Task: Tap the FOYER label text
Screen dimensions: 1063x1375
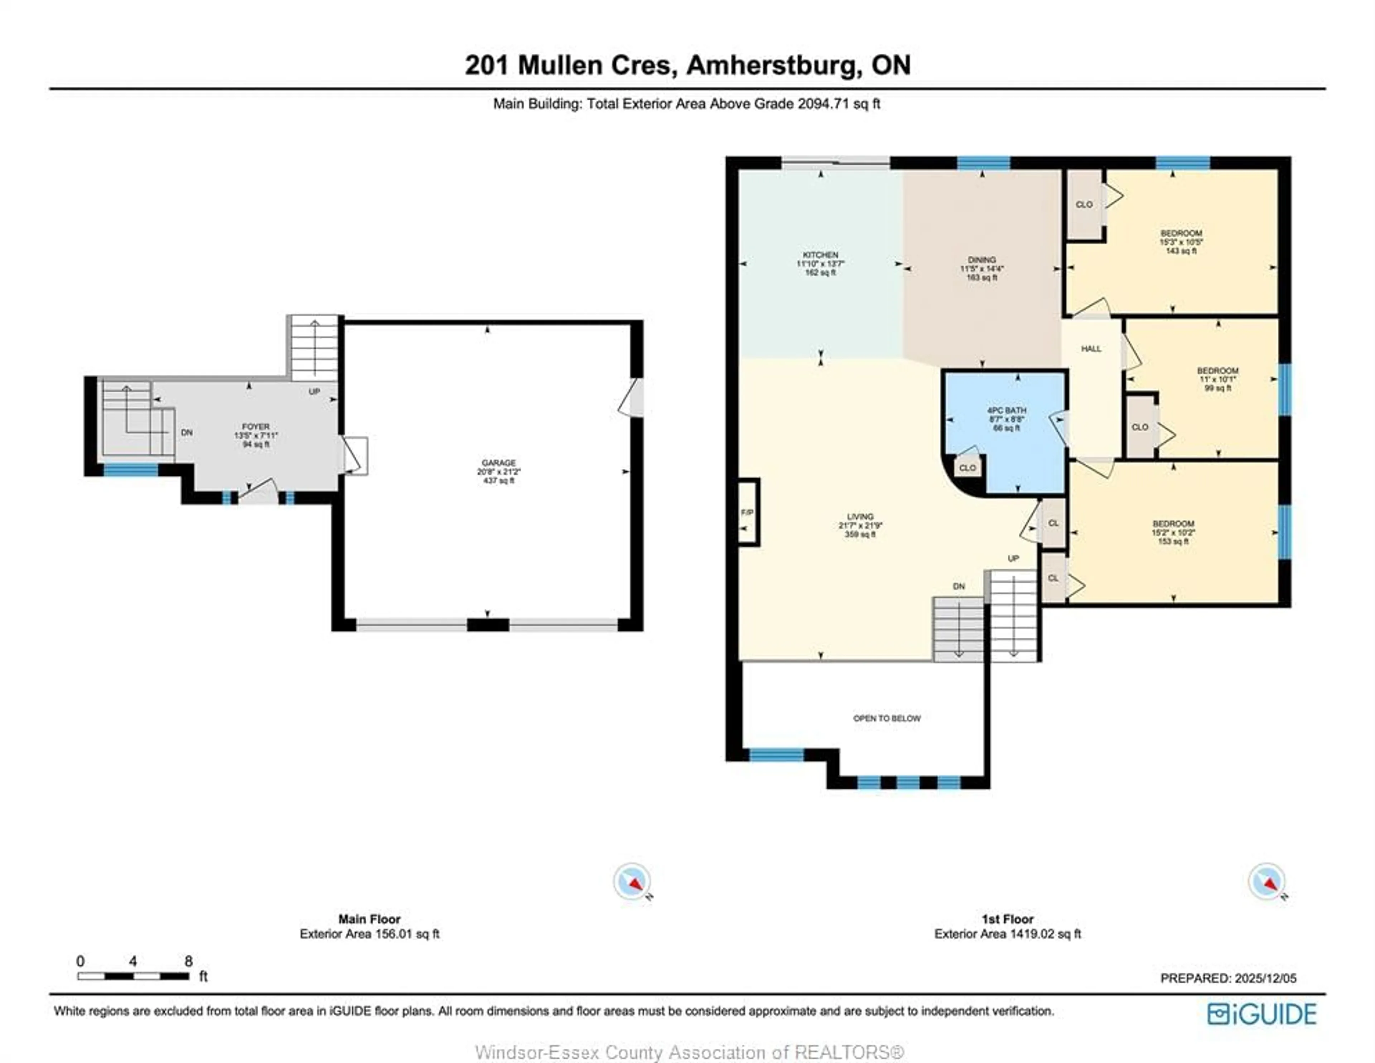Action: (x=256, y=427)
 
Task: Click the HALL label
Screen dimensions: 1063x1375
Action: (x=1091, y=349)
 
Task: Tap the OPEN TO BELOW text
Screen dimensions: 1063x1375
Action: (x=887, y=718)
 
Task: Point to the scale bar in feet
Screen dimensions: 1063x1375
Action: (x=134, y=976)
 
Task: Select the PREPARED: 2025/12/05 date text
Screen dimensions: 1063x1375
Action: (x=1228, y=978)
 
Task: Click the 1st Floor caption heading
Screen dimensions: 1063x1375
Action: (x=1007, y=919)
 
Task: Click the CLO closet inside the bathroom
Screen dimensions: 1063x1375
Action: (x=968, y=468)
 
